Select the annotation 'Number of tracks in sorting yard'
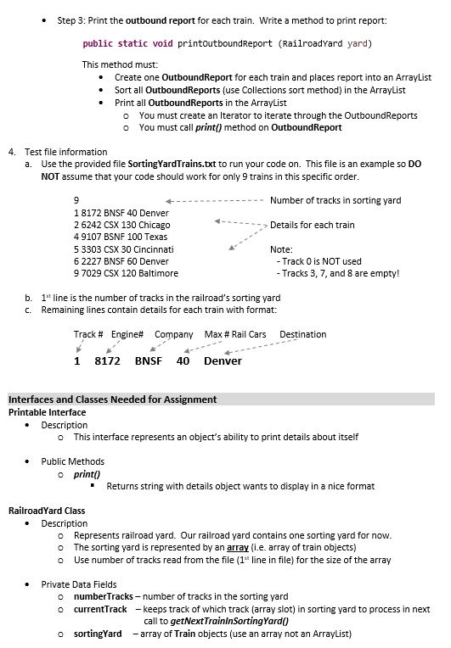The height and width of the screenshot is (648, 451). click(335, 200)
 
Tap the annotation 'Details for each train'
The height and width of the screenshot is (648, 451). click(312, 225)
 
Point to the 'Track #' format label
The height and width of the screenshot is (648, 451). click(88, 334)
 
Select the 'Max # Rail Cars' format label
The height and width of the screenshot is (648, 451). click(234, 334)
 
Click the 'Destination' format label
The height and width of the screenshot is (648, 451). click(302, 334)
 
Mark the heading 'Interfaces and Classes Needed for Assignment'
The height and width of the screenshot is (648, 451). click(111, 399)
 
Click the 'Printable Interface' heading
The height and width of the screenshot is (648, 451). click(48, 412)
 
